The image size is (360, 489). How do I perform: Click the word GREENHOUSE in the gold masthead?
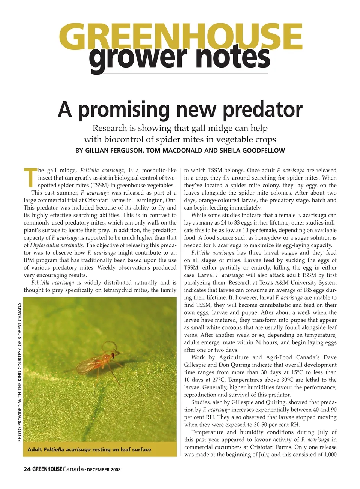pos(180,36)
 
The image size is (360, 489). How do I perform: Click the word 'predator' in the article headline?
pos(262,109)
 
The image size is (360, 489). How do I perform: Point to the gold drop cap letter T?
pos(30,178)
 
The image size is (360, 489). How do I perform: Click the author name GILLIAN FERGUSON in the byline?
pos(109,151)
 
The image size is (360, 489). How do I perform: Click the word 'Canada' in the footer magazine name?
pos(73,469)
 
